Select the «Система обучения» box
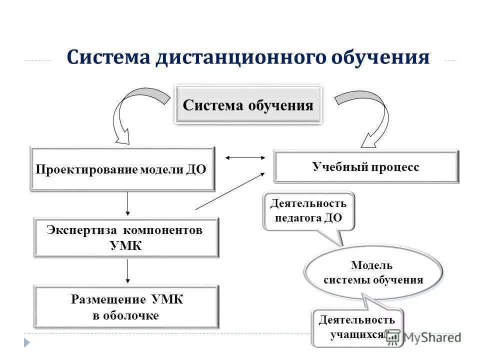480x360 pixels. (248, 105)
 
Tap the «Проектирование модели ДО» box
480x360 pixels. (122, 169)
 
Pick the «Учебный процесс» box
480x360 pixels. (366, 167)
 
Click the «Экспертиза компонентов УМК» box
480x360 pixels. (126, 237)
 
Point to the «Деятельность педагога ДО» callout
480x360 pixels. (308, 211)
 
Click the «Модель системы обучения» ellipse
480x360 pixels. (372, 272)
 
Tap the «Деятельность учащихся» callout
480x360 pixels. (356, 327)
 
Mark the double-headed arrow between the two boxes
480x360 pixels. (245, 157)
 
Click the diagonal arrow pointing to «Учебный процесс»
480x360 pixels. (230, 190)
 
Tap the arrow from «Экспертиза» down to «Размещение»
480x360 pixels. (128, 270)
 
